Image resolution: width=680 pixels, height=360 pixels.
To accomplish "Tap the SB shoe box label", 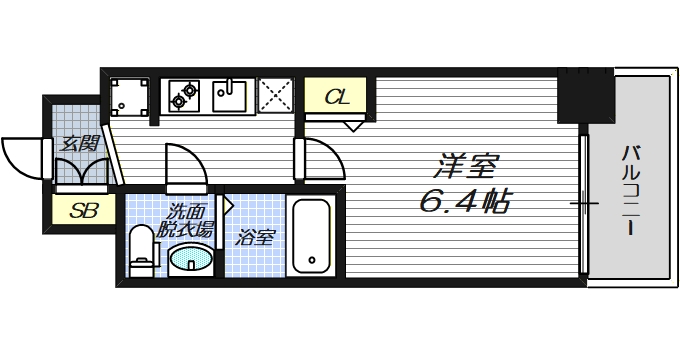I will pyautogui.click(x=76, y=210).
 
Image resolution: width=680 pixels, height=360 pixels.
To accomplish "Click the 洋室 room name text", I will pyautogui.click(x=466, y=163).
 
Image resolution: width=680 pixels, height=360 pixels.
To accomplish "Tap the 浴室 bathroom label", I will pyautogui.click(x=256, y=238).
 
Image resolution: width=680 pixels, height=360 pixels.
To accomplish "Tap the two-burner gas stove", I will pyautogui.click(x=184, y=95).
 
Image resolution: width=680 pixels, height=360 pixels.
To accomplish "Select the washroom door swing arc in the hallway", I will pyautogui.click(x=186, y=165).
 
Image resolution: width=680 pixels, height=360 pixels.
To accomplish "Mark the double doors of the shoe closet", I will pyautogui.click(x=79, y=172).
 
